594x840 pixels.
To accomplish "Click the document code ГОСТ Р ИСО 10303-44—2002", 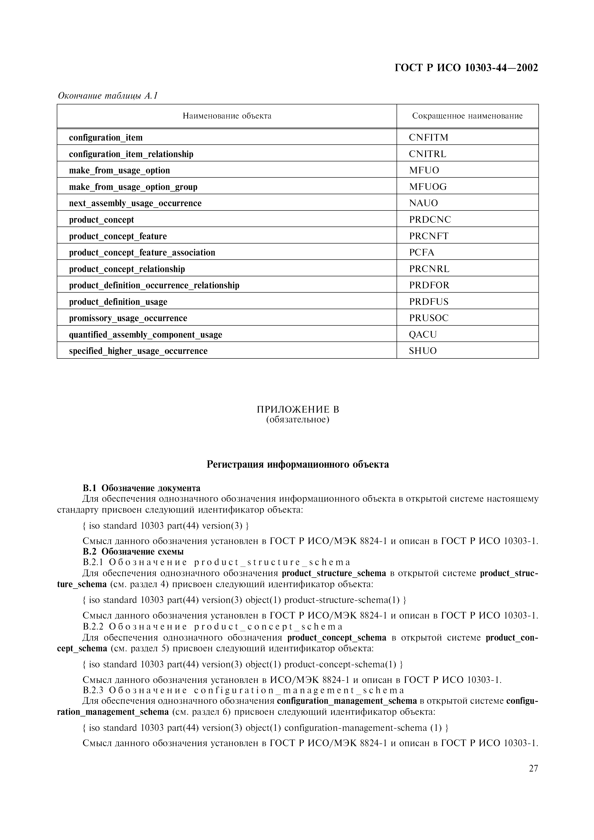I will tap(466, 68).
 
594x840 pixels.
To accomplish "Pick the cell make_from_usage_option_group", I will tap(133, 187).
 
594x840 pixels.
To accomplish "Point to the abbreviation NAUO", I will tap(423, 203).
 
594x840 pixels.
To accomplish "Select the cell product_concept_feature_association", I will tap(142, 252).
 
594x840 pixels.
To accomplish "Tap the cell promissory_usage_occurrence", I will tap(128, 318).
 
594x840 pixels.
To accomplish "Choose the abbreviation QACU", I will tap(423, 334).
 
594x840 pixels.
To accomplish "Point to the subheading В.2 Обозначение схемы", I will tap(133, 551).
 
